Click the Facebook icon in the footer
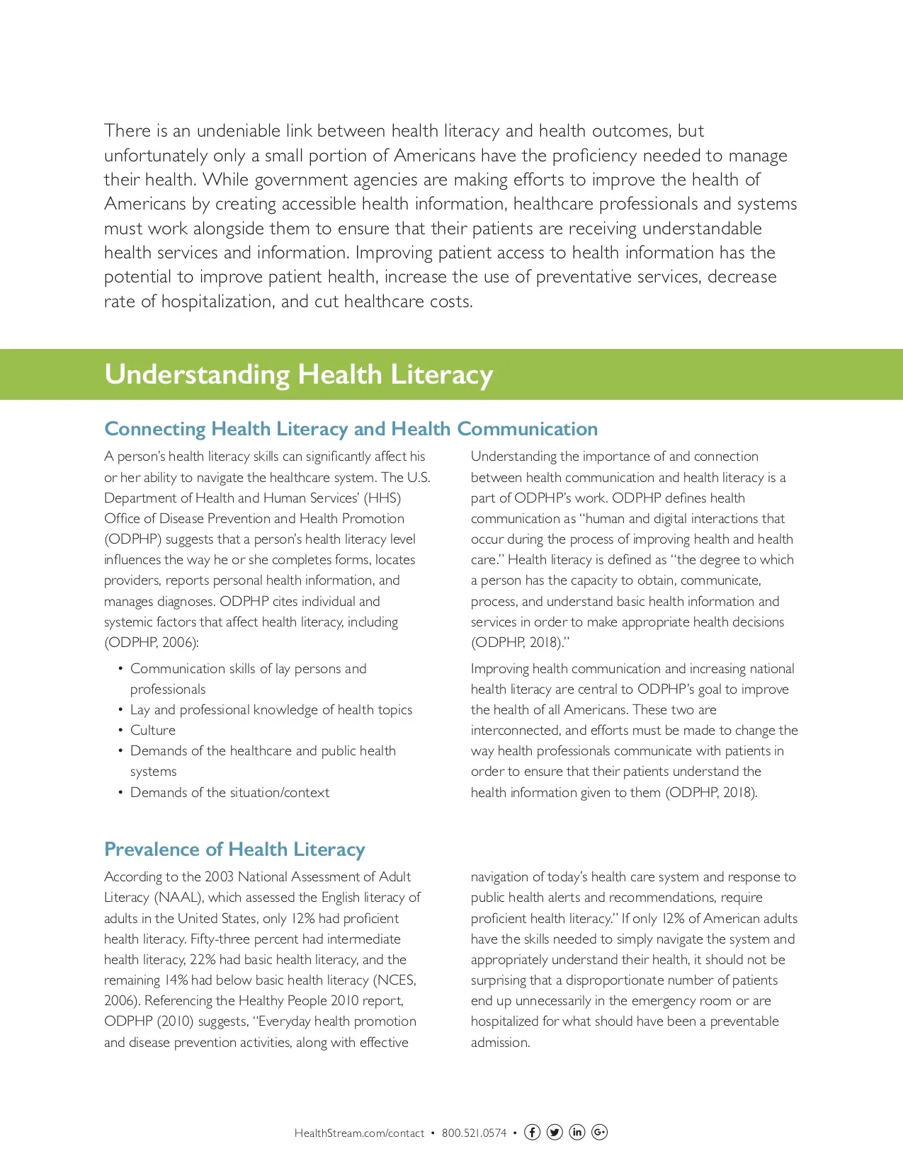(532, 1132)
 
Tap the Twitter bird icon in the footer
(555, 1132)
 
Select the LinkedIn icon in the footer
(577, 1132)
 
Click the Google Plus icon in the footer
(599, 1132)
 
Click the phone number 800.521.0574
(474, 1133)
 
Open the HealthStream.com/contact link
(359, 1133)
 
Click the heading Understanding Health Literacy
(298, 374)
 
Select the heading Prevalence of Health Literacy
(234, 849)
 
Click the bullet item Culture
(152, 730)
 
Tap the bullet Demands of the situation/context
(229, 792)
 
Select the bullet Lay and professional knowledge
(271, 709)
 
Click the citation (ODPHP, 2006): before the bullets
(151, 643)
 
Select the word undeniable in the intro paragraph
(238, 131)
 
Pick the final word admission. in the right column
(500, 1042)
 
